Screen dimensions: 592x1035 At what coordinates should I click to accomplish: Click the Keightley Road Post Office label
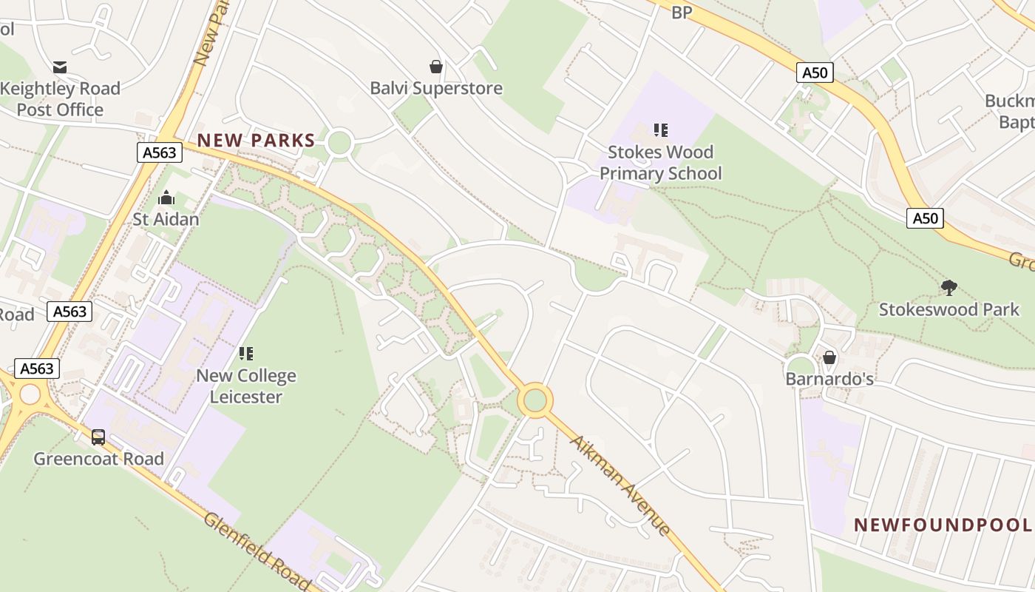[60, 99]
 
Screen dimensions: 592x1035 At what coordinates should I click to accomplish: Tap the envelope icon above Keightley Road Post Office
[60, 67]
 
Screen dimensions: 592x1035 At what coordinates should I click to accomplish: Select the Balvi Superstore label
[436, 88]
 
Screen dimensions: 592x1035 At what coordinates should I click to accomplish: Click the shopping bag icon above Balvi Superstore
[436, 67]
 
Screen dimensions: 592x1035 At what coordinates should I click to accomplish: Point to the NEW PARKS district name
[256, 140]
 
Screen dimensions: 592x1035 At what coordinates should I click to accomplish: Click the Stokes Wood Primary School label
[660, 163]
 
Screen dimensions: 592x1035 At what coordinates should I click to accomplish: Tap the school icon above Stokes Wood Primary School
[660, 130]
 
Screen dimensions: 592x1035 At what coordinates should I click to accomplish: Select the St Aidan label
[166, 219]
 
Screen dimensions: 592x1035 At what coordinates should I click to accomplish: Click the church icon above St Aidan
[166, 198]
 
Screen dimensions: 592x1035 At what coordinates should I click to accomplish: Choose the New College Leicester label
[246, 386]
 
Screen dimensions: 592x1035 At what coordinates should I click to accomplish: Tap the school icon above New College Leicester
[246, 354]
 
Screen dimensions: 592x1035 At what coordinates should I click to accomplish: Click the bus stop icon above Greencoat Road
[98, 437]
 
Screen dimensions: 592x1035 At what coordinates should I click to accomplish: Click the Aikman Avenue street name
[621, 485]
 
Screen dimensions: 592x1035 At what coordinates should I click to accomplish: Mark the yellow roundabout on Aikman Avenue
[535, 400]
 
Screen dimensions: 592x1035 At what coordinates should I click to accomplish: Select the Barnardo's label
[829, 380]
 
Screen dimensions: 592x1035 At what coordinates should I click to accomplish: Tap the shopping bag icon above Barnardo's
[829, 358]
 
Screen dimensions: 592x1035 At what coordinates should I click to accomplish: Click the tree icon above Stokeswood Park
[949, 288]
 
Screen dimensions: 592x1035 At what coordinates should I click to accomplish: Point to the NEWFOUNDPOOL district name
[943, 525]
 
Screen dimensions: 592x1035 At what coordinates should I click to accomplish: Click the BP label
[681, 13]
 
